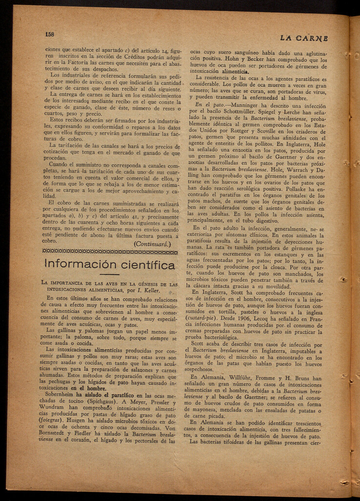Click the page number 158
[x=49, y=34]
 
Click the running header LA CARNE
[x=304, y=38]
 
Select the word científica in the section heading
[x=145, y=265]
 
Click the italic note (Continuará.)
[x=152, y=243]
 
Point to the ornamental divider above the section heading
[x=110, y=251]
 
